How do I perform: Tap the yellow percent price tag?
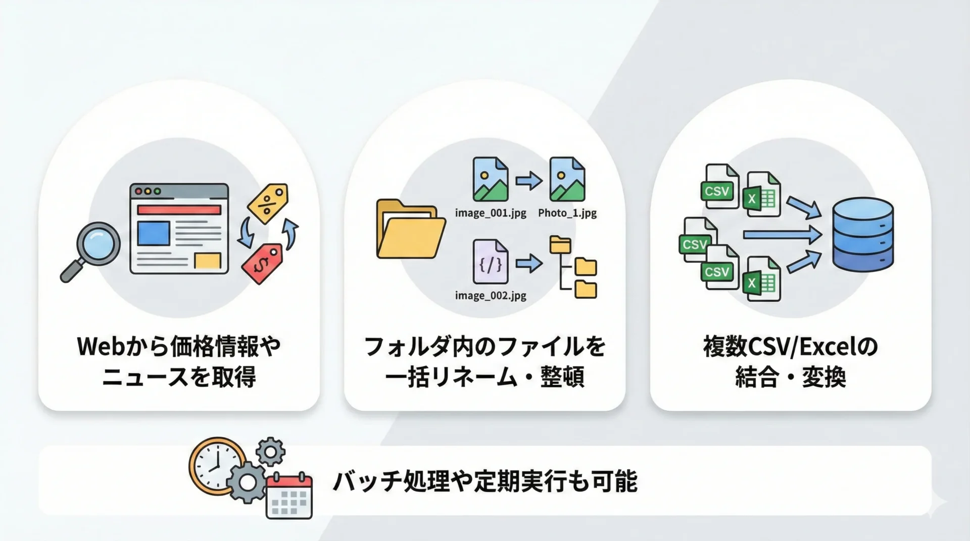268,203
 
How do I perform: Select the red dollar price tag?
263,263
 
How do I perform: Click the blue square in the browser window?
154,234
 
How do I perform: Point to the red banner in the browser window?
179,209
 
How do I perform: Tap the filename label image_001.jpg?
491,213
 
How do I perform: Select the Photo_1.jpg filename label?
567,213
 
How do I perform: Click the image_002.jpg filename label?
491,295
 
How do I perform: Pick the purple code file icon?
491,261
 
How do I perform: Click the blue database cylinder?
863,235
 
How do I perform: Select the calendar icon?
289,496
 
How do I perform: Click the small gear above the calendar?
271,451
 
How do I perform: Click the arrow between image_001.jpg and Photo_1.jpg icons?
529,180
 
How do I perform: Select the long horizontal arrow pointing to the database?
782,235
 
